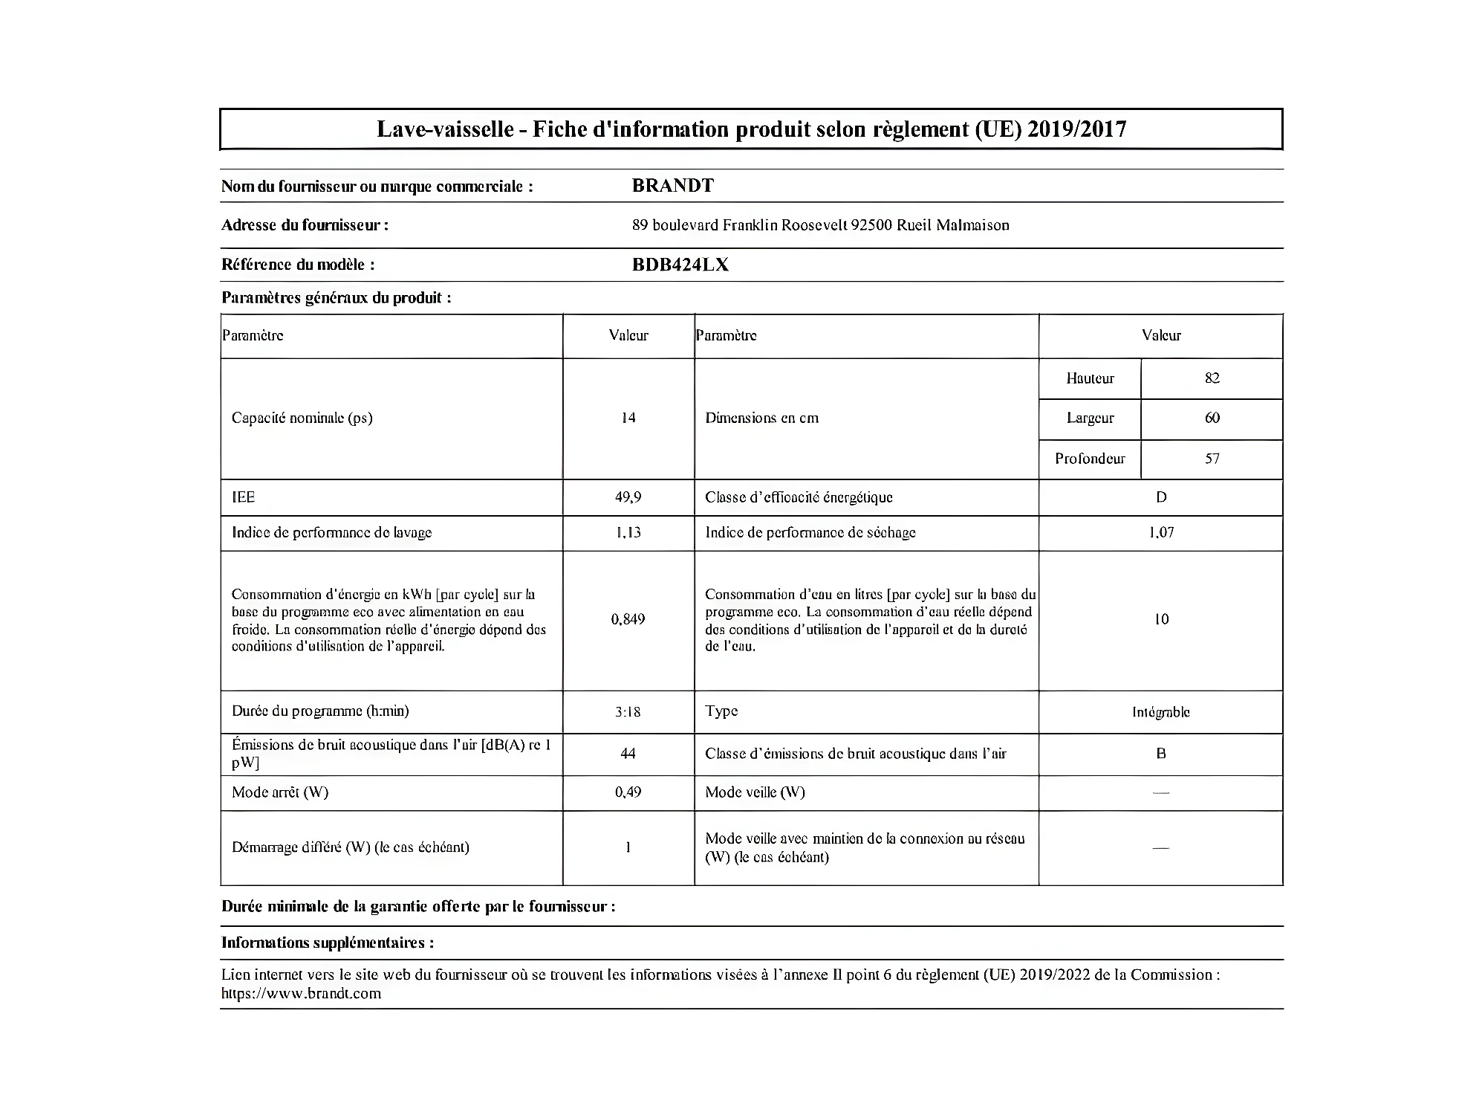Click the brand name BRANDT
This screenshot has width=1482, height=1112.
pos(672,186)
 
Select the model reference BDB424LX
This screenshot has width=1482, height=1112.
pos(680,265)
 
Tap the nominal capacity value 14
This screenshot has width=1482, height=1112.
pos(628,418)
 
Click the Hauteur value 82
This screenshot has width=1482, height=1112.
pos(1212,378)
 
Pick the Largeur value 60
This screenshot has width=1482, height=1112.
pos(1212,418)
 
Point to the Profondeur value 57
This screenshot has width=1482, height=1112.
pos(1212,459)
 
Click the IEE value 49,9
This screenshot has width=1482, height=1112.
pos(628,497)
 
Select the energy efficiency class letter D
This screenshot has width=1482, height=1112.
pos(1161,497)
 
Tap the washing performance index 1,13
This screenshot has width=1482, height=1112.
pos(628,532)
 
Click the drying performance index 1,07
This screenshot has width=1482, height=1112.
pos(1161,532)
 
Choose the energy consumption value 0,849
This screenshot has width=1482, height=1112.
pos(628,619)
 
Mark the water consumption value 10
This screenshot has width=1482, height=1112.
pos(1161,619)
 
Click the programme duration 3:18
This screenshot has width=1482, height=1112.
pos(628,711)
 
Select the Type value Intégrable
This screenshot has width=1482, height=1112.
pos(1161,712)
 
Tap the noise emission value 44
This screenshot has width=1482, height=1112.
pos(628,754)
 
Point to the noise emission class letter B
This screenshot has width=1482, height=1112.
pos(1161,754)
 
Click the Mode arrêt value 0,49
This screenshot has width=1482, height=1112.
pos(628,792)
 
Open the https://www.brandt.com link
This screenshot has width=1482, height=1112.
pos(301,994)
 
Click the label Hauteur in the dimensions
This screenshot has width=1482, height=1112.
pos(1090,378)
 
